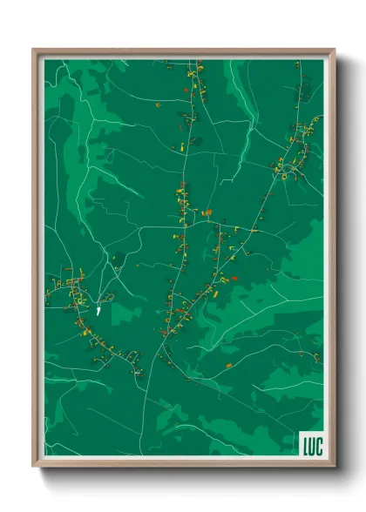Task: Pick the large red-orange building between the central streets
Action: click(207, 211)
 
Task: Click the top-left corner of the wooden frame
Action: click(34, 51)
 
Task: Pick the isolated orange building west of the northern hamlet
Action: click(158, 104)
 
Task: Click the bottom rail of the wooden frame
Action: click(183, 463)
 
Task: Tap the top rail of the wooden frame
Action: click(183, 51)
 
